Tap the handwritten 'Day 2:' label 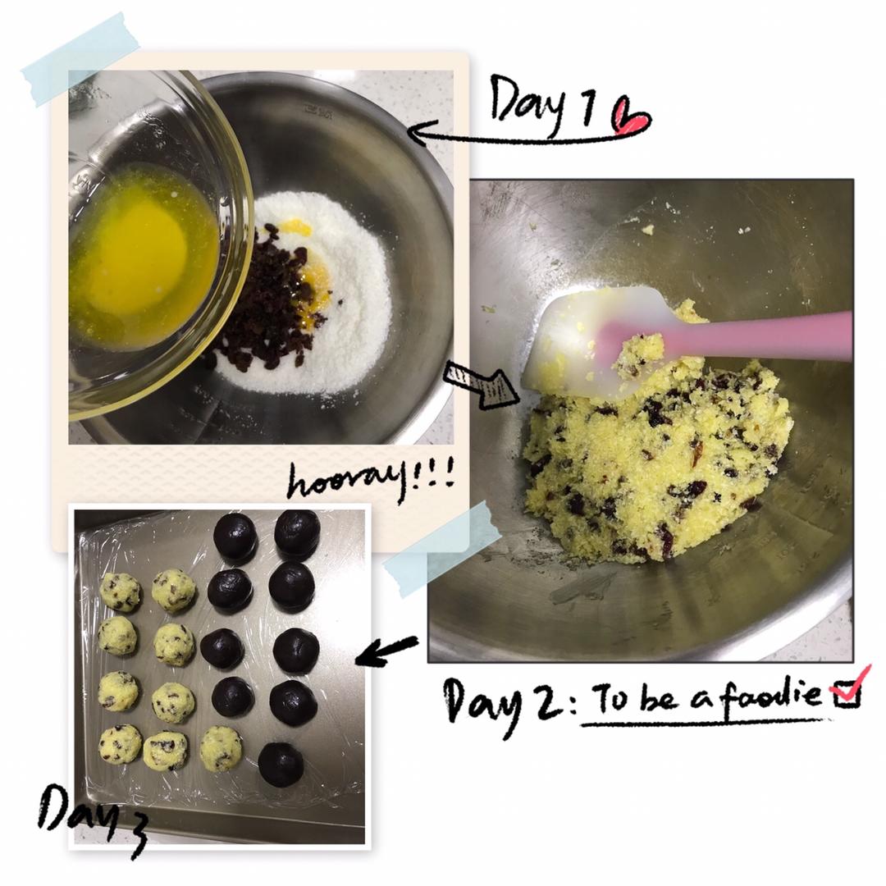[509, 703]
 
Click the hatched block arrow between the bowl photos [482, 384]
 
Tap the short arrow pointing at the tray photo [386, 651]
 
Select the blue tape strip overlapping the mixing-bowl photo [442, 548]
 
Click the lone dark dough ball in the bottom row [281, 764]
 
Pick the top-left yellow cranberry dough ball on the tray [120, 591]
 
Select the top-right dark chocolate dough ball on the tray [297, 532]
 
